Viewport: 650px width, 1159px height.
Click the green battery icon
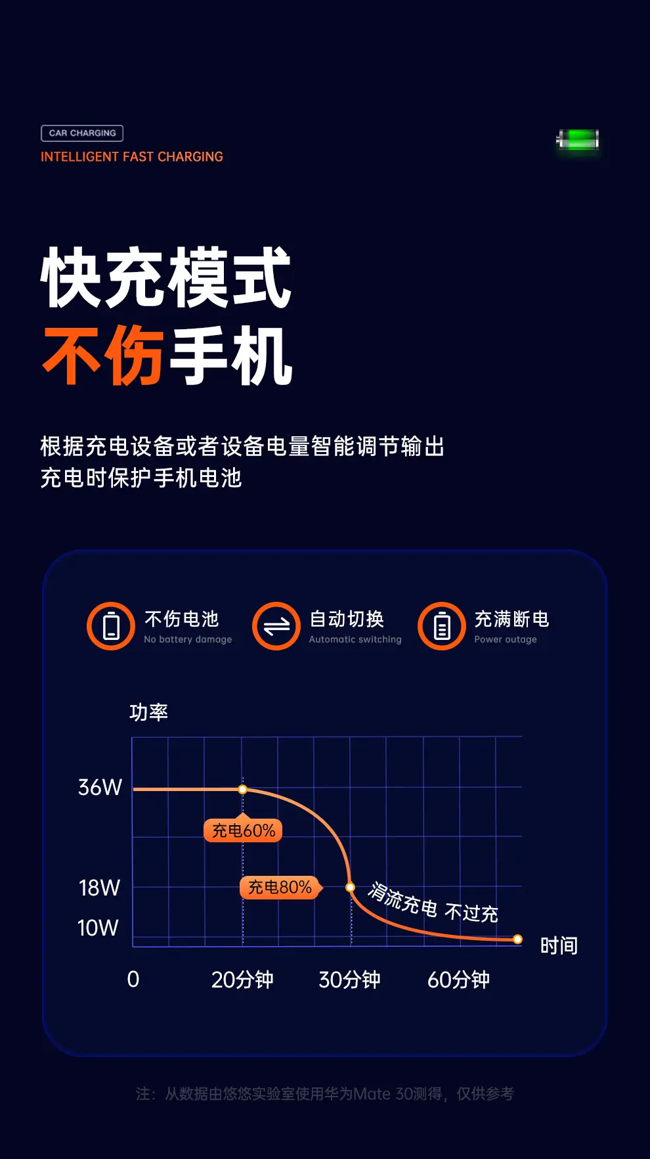(x=578, y=140)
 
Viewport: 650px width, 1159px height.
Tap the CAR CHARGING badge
(x=82, y=133)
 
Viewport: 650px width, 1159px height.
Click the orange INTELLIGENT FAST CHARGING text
(x=132, y=157)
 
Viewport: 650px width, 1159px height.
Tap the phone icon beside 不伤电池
(x=111, y=626)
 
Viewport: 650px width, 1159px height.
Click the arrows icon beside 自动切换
(x=276, y=626)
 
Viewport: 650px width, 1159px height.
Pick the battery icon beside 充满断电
(x=442, y=626)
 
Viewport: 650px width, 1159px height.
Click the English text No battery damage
(x=188, y=639)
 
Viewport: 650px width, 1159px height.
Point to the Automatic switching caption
(x=355, y=639)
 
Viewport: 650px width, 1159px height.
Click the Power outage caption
(x=506, y=639)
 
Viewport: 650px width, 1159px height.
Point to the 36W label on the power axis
(x=100, y=787)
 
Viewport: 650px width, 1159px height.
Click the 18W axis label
(x=99, y=888)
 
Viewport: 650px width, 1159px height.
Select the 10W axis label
(x=98, y=928)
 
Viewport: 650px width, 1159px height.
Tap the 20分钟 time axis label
(x=242, y=980)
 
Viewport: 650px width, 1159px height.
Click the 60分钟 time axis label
(x=458, y=980)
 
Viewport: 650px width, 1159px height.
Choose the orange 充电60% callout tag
(x=243, y=830)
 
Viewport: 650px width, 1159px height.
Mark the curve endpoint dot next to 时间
(x=518, y=940)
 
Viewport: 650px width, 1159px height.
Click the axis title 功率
(x=149, y=712)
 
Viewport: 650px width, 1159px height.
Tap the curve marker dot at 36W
(x=243, y=789)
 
